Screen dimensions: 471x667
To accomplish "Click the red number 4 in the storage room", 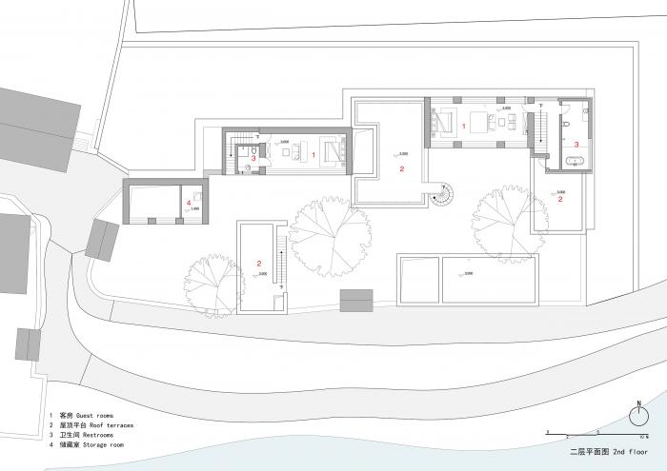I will pyautogui.click(x=189, y=203).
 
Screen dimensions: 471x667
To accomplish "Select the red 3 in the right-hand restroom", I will pyautogui.click(x=576, y=144).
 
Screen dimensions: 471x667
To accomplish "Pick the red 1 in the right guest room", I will pyautogui.click(x=464, y=125).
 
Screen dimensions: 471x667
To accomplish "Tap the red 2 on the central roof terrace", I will pyautogui.click(x=402, y=168).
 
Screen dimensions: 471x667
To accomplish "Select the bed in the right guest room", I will pyautogui.click(x=444, y=123).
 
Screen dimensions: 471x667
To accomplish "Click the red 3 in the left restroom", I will pyautogui.click(x=253, y=159).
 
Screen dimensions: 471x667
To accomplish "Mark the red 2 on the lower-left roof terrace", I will pyautogui.click(x=259, y=262).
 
